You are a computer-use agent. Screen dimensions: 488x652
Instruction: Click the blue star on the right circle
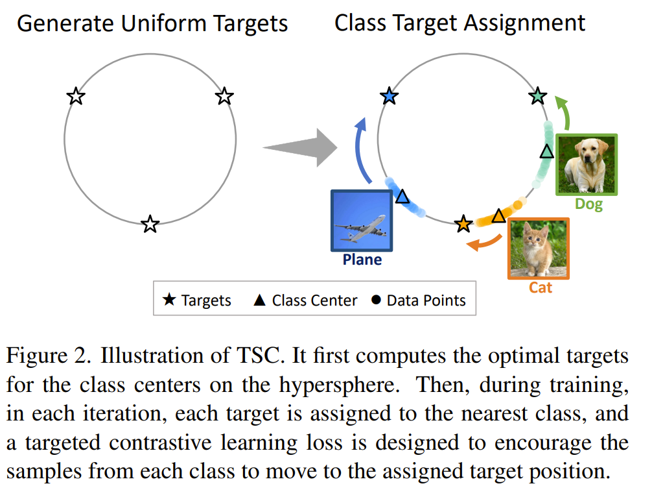click(x=389, y=97)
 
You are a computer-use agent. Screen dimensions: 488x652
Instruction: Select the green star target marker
click(x=538, y=97)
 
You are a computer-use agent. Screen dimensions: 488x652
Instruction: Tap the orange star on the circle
click(x=463, y=225)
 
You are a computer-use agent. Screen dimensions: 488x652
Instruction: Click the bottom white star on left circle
click(x=150, y=225)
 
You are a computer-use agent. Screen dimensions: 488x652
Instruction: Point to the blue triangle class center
click(x=402, y=196)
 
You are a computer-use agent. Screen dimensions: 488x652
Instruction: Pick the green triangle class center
click(x=547, y=152)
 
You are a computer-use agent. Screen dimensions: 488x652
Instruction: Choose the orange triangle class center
click(x=498, y=215)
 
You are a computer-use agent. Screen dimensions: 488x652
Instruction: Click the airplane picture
click(x=362, y=221)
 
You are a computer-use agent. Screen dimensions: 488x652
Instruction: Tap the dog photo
click(x=587, y=164)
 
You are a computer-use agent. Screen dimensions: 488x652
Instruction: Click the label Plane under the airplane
click(x=362, y=260)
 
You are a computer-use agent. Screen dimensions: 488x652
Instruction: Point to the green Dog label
click(x=588, y=204)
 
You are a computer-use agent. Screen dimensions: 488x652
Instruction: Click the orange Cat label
click(x=540, y=287)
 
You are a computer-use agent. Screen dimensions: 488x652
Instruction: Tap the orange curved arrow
click(x=483, y=243)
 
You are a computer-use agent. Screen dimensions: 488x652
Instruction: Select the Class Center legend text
click(x=314, y=300)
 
